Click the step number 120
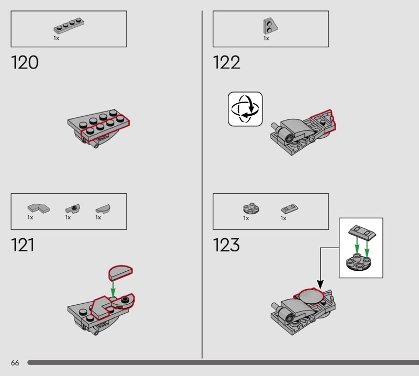25,62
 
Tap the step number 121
23,245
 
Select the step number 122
227,62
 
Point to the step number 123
226,245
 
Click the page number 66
15,362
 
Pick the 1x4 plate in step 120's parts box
69,26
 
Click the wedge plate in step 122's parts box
270,26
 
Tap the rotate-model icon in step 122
245,109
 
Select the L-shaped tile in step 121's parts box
38,208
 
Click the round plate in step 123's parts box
251,209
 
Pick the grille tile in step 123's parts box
290,209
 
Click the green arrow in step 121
113,289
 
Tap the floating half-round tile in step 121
120,272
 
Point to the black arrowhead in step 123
320,284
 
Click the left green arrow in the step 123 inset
357,245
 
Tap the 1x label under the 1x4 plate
56,38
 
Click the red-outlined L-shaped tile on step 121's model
102,307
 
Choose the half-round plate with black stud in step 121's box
73,208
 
